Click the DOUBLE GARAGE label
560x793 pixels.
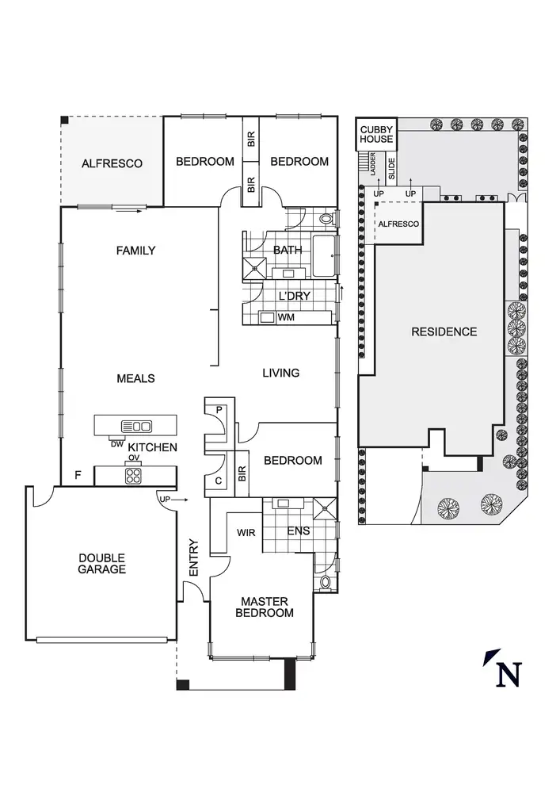[x=101, y=564]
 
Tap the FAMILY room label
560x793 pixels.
[x=135, y=251]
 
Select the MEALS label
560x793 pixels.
[x=135, y=378]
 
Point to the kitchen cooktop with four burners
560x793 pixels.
[x=132, y=476]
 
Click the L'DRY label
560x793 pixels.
[x=294, y=296]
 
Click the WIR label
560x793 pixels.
[x=246, y=533]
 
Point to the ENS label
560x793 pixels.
[x=298, y=531]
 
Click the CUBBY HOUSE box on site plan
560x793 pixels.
[x=376, y=134]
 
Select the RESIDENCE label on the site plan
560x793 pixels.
[x=444, y=331]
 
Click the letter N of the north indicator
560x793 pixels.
[x=508, y=673]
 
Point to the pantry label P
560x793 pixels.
[x=219, y=410]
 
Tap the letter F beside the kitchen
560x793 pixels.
[x=78, y=475]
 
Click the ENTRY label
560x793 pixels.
[x=193, y=558]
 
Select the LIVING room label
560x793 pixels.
[x=280, y=373]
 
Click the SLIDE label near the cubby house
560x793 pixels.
[x=390, y=168]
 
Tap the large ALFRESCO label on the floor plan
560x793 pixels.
[x=112, y=164]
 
